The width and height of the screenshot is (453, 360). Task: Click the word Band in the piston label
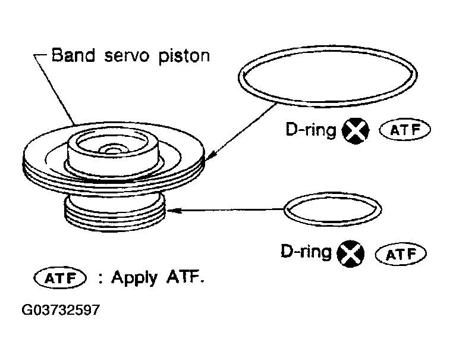73,55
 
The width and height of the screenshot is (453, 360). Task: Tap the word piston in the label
184,57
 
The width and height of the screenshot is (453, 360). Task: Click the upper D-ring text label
311,130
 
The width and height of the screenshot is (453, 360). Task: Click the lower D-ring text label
306,252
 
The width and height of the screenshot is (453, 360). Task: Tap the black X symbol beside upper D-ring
355,131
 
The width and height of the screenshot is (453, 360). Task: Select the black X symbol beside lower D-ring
351,253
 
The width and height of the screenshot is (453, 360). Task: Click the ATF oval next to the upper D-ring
405,130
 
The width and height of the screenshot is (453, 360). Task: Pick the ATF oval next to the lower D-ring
401,254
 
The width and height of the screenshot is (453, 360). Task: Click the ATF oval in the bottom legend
60,278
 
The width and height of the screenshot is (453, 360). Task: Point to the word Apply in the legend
134,278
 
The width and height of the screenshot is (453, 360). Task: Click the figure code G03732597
61,310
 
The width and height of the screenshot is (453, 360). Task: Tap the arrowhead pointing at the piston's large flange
210,155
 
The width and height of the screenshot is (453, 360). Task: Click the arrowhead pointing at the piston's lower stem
174,210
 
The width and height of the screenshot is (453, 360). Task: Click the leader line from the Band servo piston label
55,90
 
